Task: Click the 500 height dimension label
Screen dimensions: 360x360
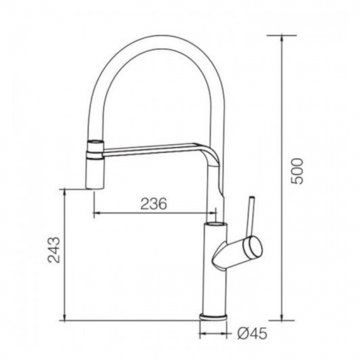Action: click(x=297, y=171)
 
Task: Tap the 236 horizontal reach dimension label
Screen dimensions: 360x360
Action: click(x=153, y=203)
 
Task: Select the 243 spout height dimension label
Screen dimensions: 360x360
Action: click(x=54, y=250)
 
